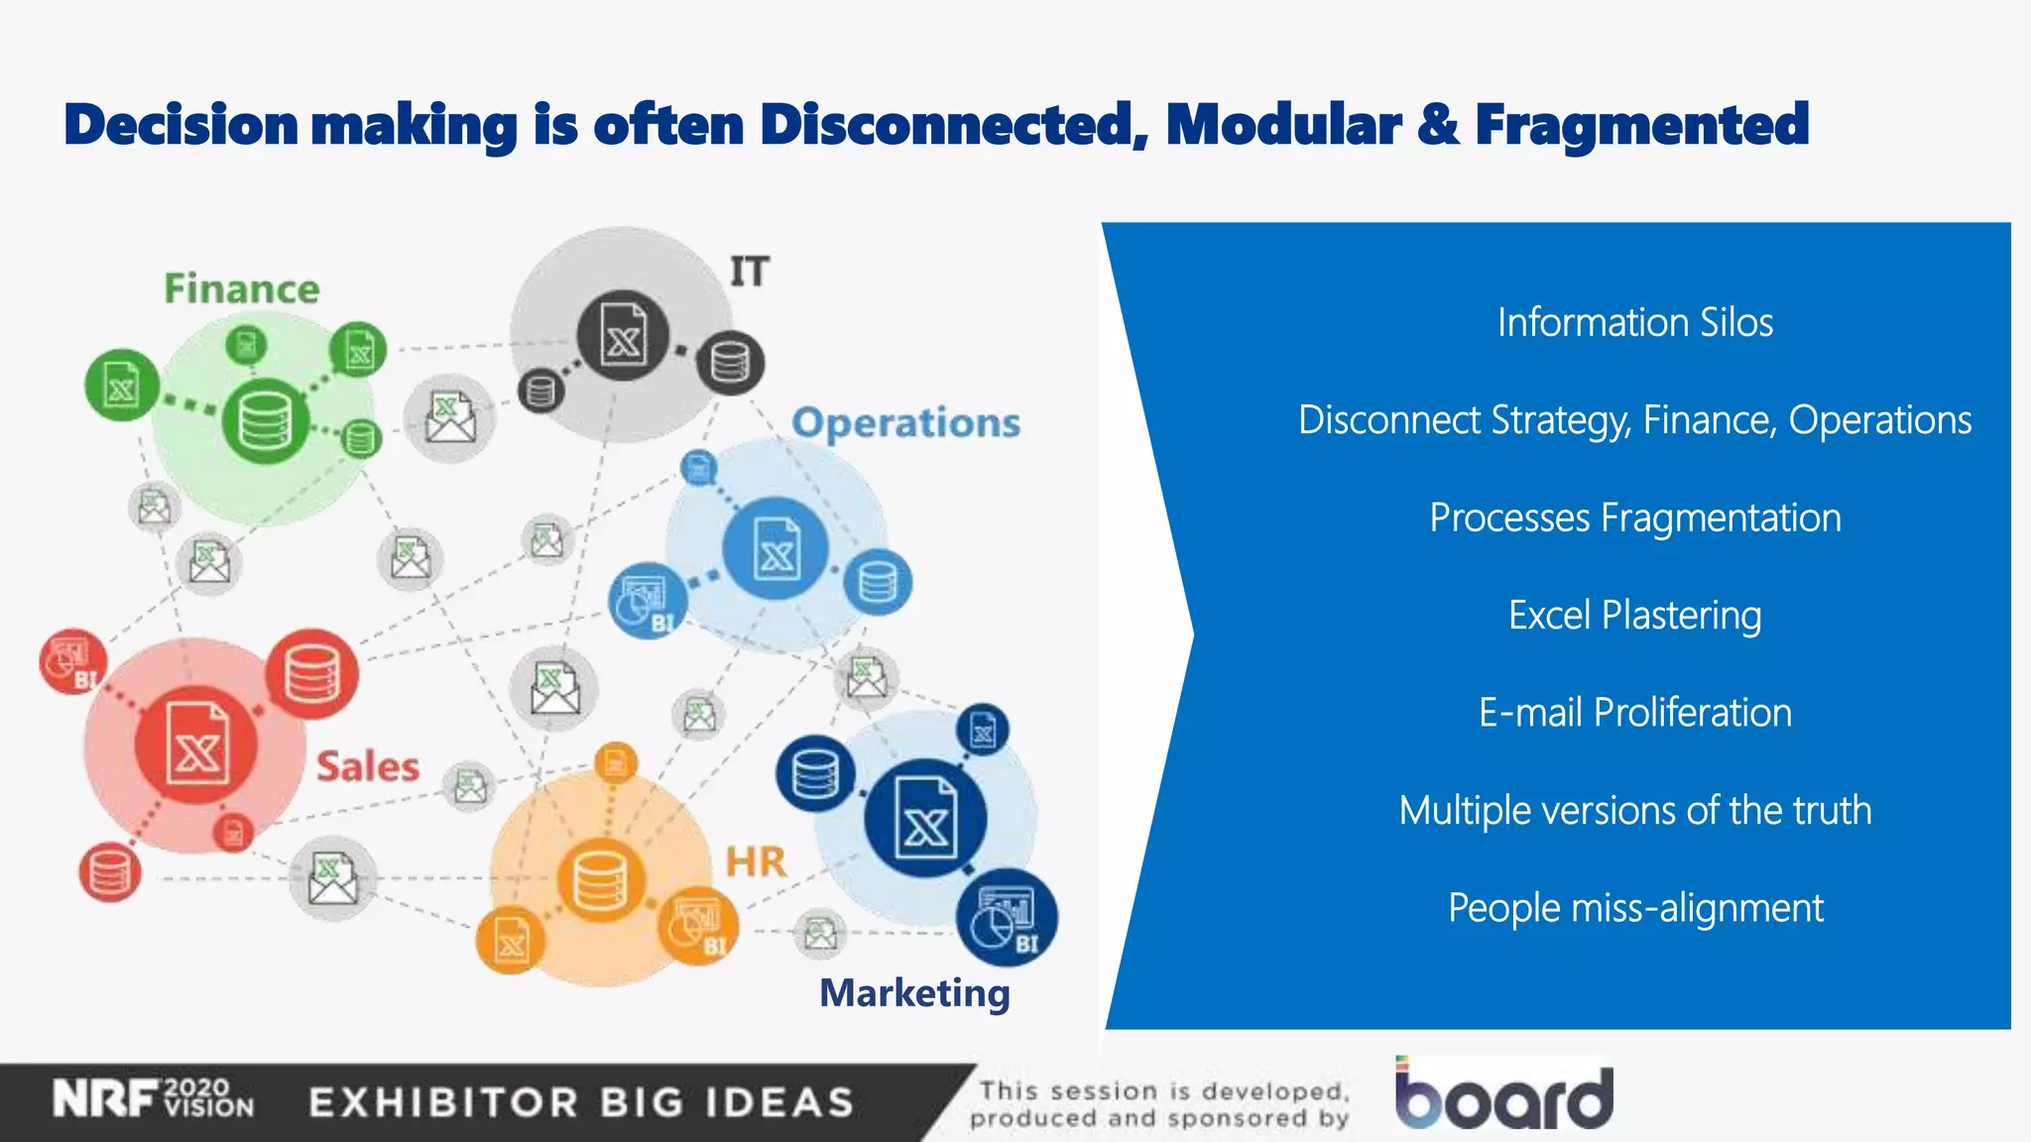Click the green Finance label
pos(241,289)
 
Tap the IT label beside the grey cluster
pos(749,272)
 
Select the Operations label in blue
pos(905,423)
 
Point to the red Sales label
pos(367,767)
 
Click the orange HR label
pos(756,862)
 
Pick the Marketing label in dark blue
pos(914,993)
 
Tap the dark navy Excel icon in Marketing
pos(924,818)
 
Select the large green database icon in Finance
pos(264,422)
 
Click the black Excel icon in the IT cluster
pos(623,335)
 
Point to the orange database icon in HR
pos(600,879)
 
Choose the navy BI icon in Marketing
pos(1007,917)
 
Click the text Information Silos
pos(1634,323)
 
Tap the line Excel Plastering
pos(1634,616)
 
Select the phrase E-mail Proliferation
pos(1634,713)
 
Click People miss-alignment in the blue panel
pos(1634,908)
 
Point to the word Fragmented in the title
pos(1641,126)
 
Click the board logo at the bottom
pos(1503,1095)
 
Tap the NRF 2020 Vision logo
pos(154,1099)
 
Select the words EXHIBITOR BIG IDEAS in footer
pos(581,1102)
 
